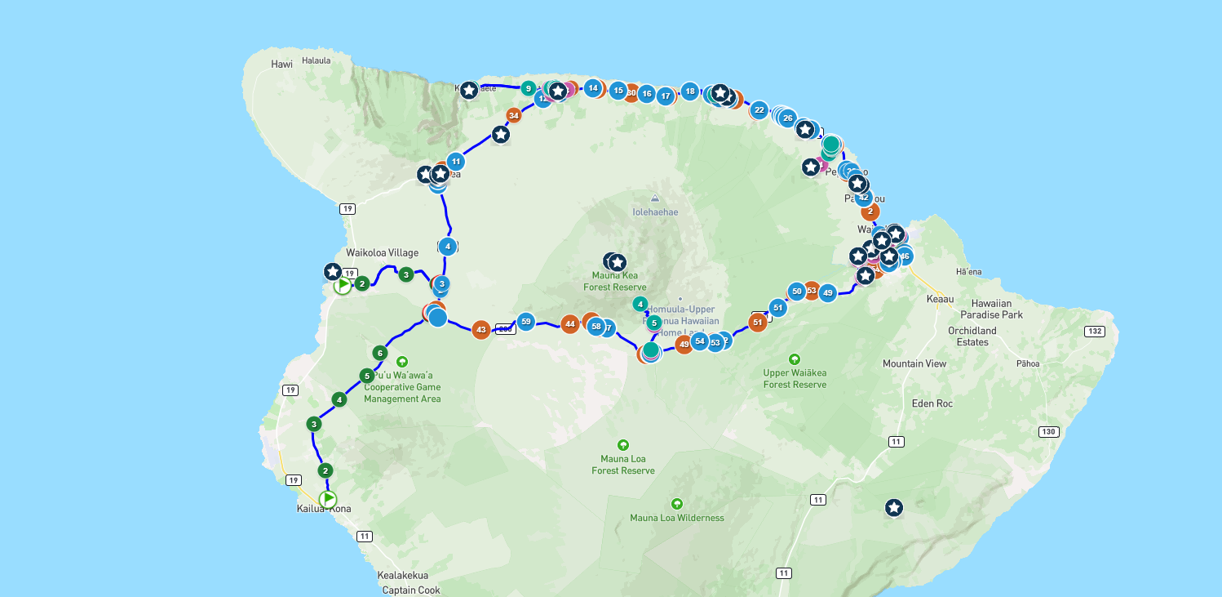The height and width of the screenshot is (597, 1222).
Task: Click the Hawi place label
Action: click(x=281, y=64)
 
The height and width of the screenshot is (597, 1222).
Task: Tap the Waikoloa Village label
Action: click(x=382, y=252)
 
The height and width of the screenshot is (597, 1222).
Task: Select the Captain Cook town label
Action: click(x=411, y=590)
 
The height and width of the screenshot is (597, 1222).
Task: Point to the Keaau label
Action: click(x=940, y=299)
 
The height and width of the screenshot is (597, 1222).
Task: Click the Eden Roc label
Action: click(x=932, y=403)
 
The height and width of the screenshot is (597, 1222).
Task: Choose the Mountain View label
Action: click(x=914, y=363)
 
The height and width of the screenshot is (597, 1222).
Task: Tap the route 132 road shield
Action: click(x=1096, y=331)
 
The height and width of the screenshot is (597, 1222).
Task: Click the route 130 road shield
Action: click(x=1049, y=431)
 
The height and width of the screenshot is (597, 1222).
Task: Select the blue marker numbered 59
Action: click(x=526, y=321)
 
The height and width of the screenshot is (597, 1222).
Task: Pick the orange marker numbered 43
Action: click(x=481, y=330)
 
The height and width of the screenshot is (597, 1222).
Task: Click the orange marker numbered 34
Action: click(x=514, y=115)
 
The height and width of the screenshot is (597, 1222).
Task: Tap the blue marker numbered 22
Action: click(x=759, y=109)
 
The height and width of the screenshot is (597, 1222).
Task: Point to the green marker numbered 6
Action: click(x=379, y=353)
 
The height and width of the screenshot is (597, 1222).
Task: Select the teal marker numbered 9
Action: click(x=528, y=88)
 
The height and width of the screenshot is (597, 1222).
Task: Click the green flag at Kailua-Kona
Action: click(x=328, y=498)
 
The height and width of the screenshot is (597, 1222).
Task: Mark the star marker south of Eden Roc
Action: click(x=894, y=508)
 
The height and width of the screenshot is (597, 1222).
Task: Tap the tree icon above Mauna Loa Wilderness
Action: click(x=676, y=503)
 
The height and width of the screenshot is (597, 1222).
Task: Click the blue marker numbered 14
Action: click(x=593, y=87)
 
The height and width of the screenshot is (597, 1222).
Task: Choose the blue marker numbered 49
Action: click(x=828, y=292)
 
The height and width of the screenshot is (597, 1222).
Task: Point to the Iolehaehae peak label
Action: click(x=655, y=212)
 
